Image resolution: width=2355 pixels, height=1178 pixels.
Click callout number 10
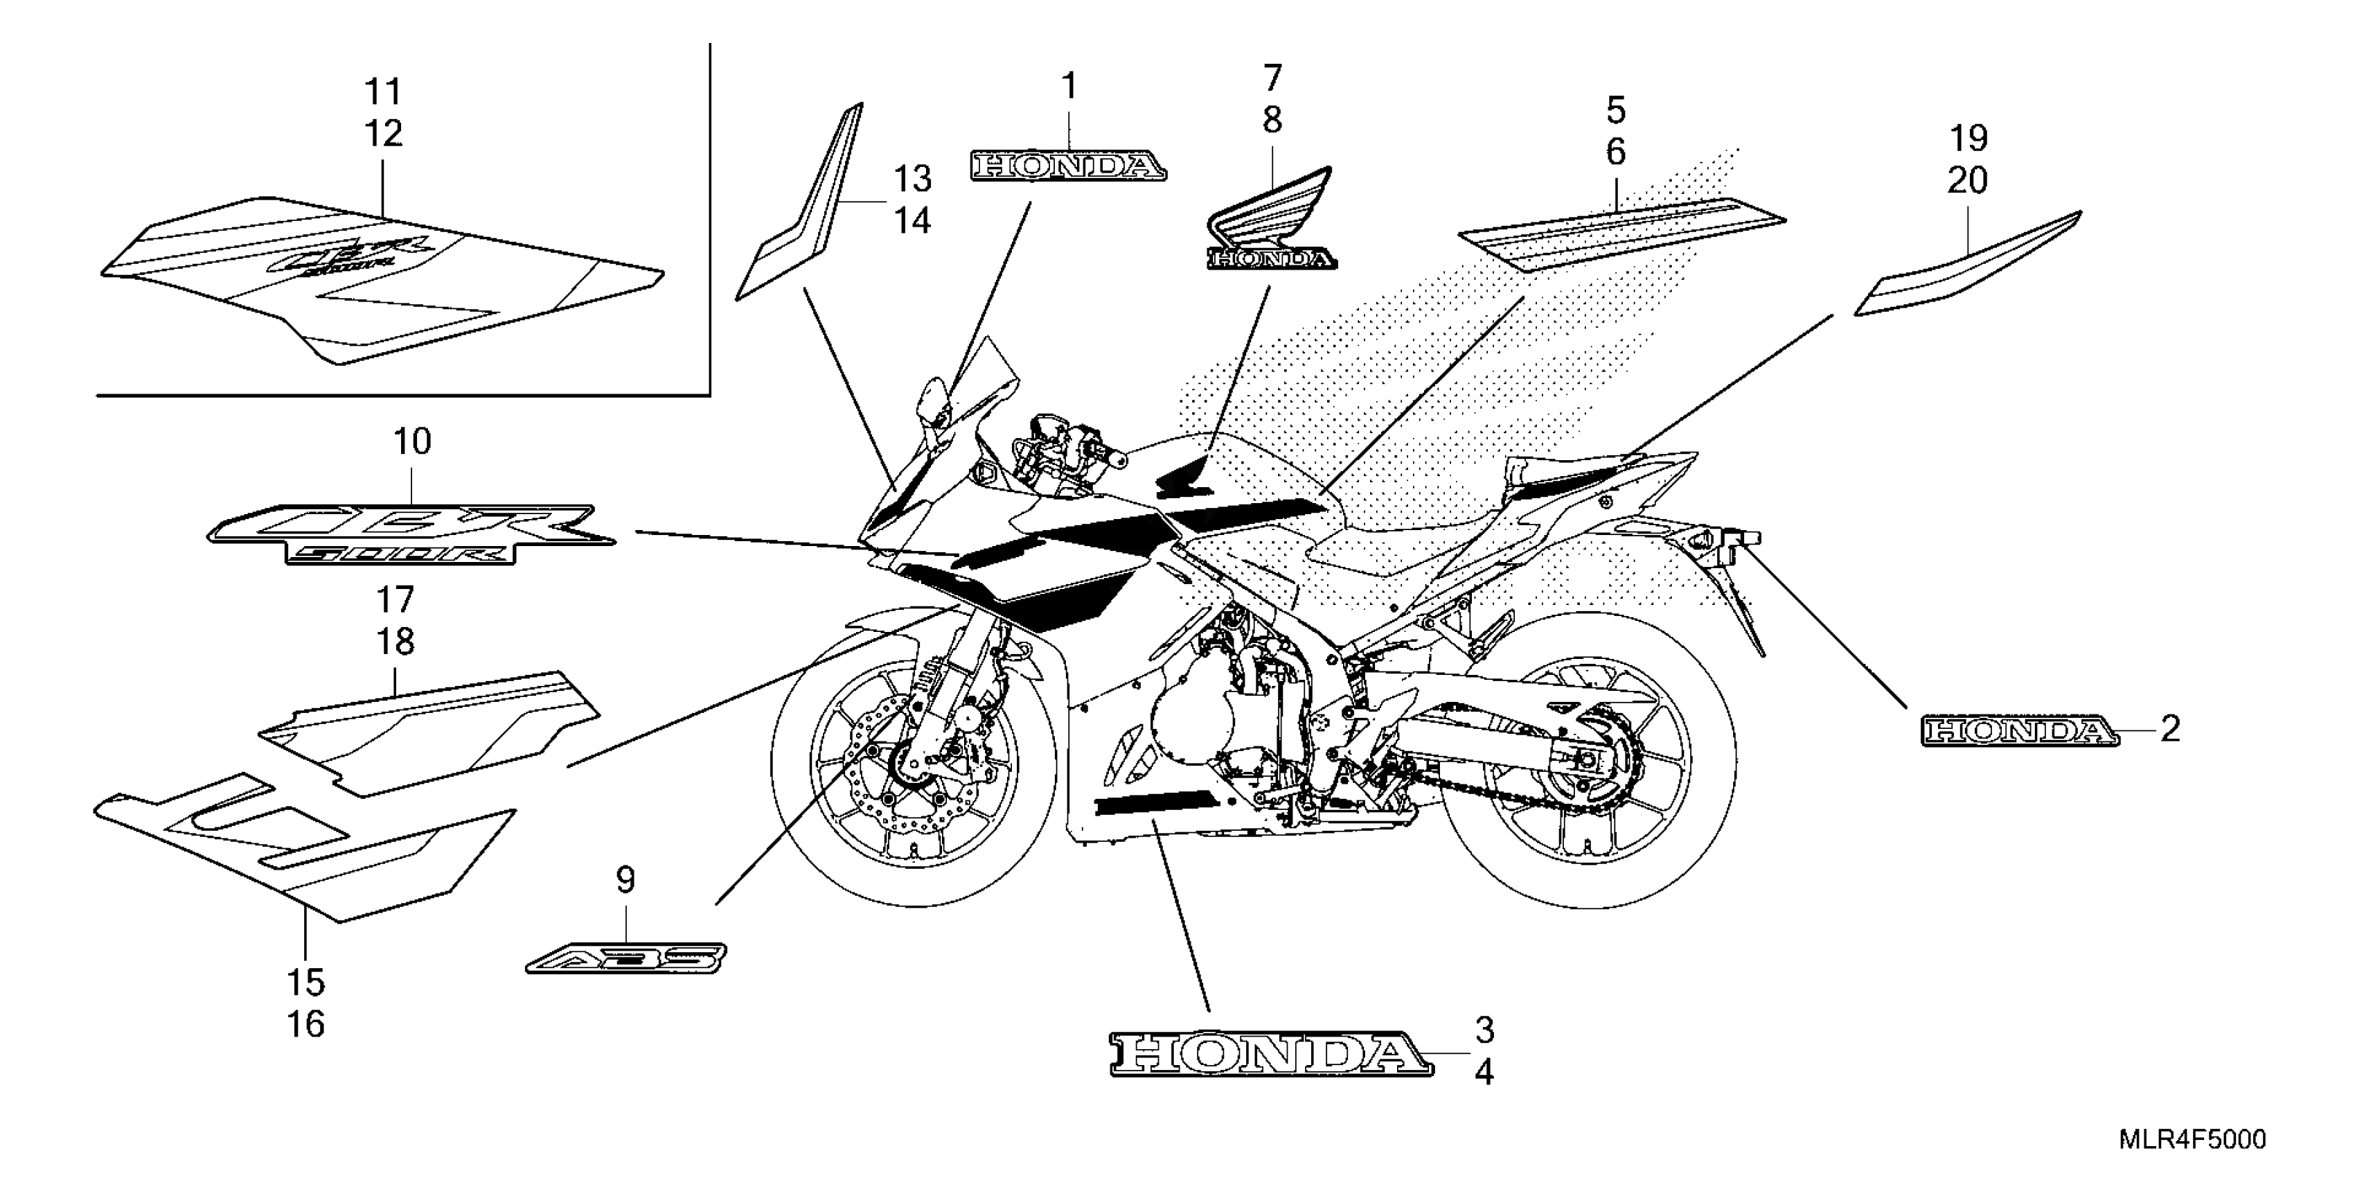point(412,443)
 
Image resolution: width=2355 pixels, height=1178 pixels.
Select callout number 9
point(625,881)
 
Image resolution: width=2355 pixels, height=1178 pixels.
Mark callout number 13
point(912,179)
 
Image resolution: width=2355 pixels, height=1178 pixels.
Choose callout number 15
point(306,983)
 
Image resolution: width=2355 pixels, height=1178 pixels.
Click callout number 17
point(395,601)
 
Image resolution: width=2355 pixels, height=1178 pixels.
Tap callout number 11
point(383,92)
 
